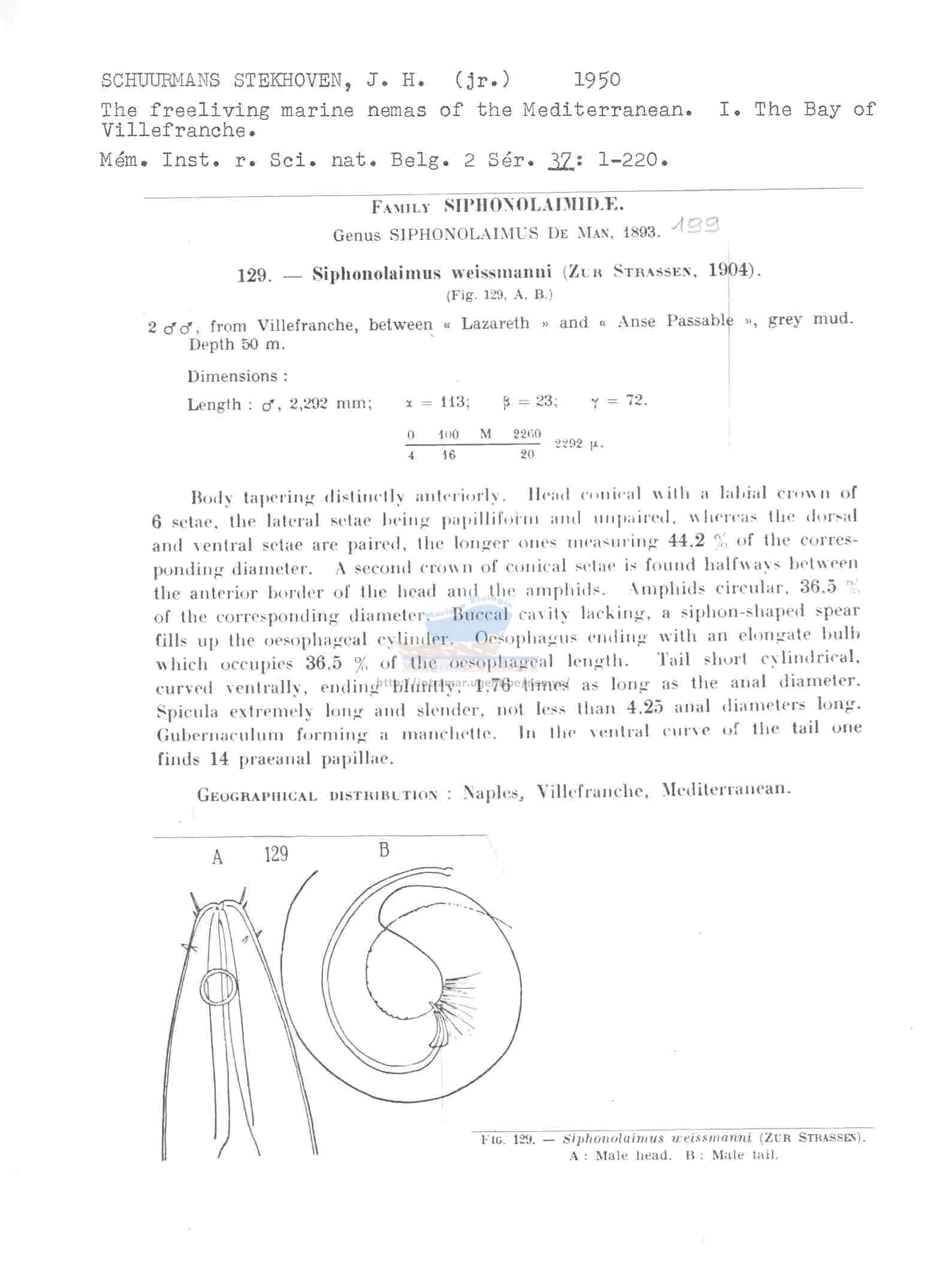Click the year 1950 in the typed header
click(597, 80)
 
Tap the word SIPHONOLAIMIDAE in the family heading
click(534, 206)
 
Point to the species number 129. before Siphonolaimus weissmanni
click(255, 275)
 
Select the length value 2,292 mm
click(330, 404)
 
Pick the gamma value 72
click(636, 399)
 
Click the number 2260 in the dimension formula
click(527, 434)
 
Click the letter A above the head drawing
click(218, 858)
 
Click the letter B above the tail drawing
click(385, 850)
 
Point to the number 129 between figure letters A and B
click(276, 854)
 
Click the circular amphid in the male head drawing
click(218, 987)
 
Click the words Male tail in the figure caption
click(745, 1155)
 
